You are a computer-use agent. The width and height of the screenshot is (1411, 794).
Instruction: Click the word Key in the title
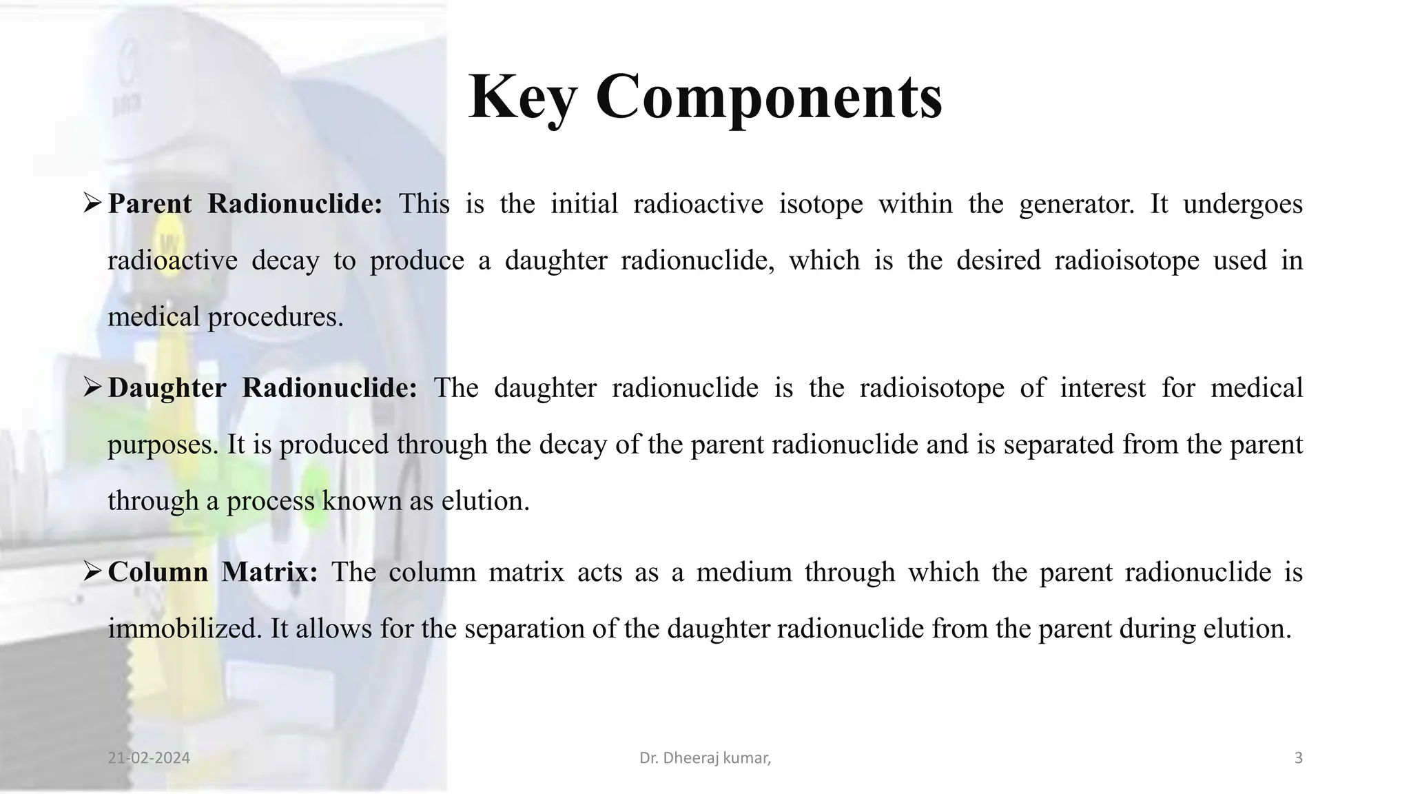pos(522,98)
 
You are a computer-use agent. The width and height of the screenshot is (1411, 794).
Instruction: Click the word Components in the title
pos(769,98)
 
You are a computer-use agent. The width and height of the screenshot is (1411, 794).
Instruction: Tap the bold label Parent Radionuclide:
pos(245,204)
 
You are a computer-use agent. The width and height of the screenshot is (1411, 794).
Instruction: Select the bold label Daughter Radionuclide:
pos(262,388)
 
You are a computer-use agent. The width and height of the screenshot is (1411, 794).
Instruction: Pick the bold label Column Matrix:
pos(213,572)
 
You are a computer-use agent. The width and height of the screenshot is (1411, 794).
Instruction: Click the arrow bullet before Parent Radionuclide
pos(92,203)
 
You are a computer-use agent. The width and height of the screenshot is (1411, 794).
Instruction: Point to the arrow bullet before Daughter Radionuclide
pos(92,387)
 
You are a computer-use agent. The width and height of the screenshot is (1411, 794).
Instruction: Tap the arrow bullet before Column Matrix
pos(92,571)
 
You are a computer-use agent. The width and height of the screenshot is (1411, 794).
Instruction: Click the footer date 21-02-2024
pos(149,758)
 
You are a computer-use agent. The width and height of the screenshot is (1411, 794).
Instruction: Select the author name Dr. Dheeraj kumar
pos(705,758)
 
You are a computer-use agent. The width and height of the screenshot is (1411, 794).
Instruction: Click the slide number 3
pos(1299,758)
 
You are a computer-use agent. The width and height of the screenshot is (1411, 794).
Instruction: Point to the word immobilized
pos(185,629)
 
